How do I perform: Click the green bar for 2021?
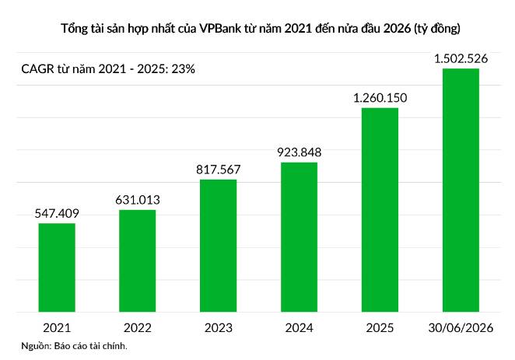(x=57, y=267)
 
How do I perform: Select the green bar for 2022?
(x=137, y=260)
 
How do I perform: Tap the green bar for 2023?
(x=218, y=246)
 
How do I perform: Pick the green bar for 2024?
(x=299, y=237)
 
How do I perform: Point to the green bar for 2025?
(x=380, y=210)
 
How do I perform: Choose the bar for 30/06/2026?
(x=461, y=190)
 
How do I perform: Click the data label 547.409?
(x=57, y=214)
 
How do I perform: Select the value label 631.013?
(x=138, y=200)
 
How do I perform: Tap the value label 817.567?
(x=219, y=170)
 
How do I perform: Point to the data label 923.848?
(x=300, y=152)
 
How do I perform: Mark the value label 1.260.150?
(x=380, y=98)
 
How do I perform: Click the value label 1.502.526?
(x=461, y=59)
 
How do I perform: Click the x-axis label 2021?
(x=57, y=328)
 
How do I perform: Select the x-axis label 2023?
(x=219, y=328)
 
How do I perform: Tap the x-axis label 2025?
(x=380, y=328)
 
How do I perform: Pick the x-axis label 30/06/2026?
(x=461, y=328)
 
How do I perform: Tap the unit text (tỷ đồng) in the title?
(x=437, y=29)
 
